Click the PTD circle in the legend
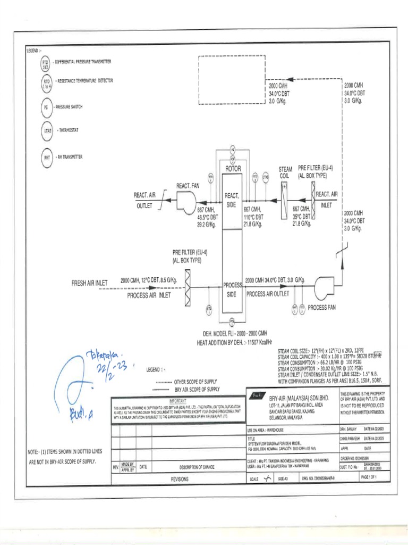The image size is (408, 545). tap(45, 64)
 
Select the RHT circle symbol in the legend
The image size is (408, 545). tap(46, 156)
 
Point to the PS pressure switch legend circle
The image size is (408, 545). tap(46, 107)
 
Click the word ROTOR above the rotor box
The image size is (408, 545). tap(233, 169)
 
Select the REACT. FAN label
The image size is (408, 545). tap(188, 185)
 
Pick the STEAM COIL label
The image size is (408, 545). tap(285, 172)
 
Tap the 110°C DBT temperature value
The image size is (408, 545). tap(253, 217)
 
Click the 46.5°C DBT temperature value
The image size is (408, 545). tap(208, 217)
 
